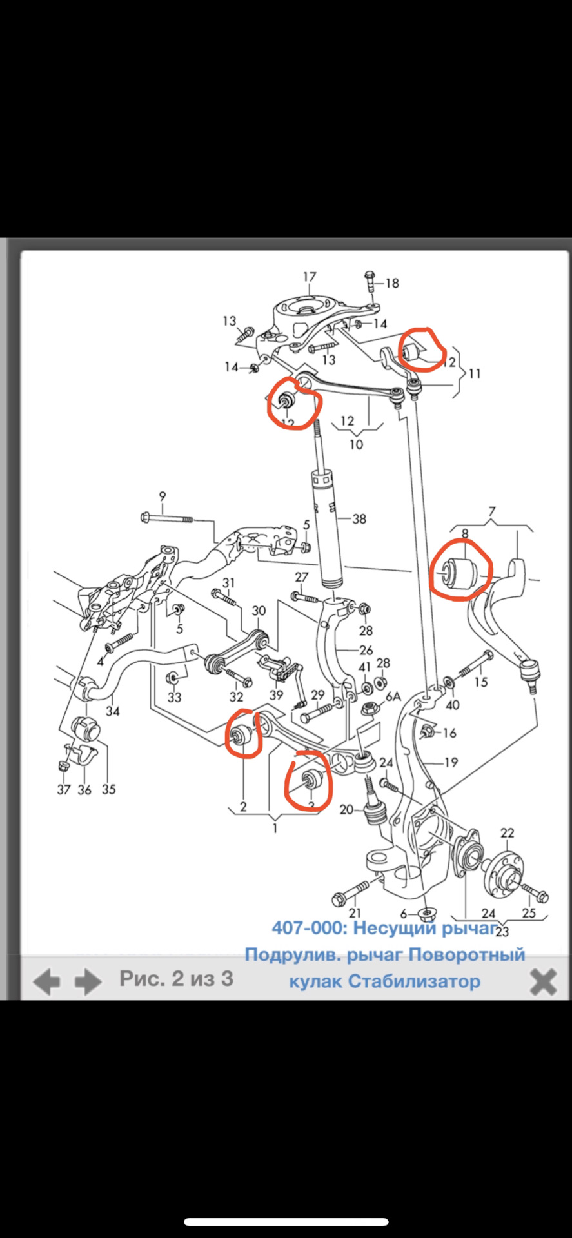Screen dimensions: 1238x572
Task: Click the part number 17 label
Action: [x=310, y=277]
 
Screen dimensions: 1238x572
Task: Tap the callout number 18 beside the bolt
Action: [x=392, y=282]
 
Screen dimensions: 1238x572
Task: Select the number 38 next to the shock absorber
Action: [x=359, y=518]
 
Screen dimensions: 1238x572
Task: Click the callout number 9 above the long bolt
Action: [x=163, y=496]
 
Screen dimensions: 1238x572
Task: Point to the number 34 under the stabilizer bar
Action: [x=113, y=711]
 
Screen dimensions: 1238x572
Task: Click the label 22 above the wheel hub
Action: [x=508, y=833]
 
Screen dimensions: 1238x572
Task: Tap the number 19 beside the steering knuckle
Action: [x=451, y=762]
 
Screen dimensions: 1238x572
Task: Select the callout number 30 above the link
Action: [x=259, y=611]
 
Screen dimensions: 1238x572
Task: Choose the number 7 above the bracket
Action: [x=492, y=512]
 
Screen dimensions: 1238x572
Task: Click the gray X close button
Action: [x=543, y=982]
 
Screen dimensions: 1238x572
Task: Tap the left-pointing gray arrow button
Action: [x=46, y=981]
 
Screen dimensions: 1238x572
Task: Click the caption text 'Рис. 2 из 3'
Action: [x=176, y=978]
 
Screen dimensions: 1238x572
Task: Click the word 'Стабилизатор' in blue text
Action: [x=414, y=981]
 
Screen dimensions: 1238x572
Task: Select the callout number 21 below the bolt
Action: [x=355, y=912]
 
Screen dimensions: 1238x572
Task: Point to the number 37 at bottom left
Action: [x=63, y=789]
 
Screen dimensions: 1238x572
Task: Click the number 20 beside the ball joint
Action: [x=346, y=809]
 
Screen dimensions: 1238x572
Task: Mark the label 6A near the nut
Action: [x=393, y=697]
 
